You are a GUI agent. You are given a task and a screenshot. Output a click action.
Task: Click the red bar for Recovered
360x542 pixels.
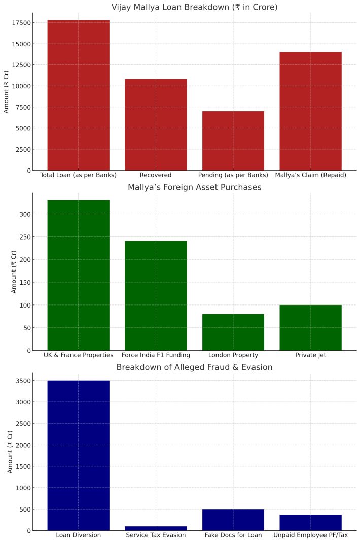tap(156, 125)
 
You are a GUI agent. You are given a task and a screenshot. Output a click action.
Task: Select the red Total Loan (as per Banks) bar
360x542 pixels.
tap(79, 95)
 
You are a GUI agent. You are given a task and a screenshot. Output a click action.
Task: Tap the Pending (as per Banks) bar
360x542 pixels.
tap(233, 141)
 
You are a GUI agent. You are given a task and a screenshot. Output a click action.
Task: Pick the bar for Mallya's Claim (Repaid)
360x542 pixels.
tap(311, 111)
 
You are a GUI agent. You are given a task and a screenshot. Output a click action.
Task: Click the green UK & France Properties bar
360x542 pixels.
tap(79, 276)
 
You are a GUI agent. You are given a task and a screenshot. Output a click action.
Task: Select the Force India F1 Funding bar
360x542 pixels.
tap(156, 296)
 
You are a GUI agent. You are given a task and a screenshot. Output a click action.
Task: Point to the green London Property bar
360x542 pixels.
tap(233, 332)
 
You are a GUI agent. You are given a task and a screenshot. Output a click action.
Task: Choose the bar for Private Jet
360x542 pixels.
tap(311, 328)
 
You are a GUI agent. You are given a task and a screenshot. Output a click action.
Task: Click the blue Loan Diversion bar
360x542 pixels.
tap(79, 456)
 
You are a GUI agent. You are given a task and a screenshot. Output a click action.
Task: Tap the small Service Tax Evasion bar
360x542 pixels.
tap(156, 528)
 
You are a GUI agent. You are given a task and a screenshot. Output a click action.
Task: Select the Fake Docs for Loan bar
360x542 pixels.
tap(233, 520)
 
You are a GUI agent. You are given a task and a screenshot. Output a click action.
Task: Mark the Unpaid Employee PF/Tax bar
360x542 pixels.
tap(311, 523)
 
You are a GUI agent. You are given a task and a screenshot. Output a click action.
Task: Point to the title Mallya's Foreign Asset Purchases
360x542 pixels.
tap(195, 187)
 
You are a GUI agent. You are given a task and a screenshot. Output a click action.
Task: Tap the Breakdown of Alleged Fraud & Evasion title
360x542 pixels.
tap(195, 367)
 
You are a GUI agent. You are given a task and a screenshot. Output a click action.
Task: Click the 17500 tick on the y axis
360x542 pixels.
tap(21, 23)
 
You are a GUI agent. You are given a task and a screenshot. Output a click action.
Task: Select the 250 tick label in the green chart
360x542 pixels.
tap(25, 237)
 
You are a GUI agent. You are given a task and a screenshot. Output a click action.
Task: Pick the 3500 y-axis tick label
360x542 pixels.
tap(23, 381)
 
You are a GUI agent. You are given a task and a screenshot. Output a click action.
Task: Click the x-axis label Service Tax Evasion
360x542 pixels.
tap(156, 535)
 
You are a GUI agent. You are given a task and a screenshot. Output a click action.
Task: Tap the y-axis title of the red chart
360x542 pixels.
tap(6, 92)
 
